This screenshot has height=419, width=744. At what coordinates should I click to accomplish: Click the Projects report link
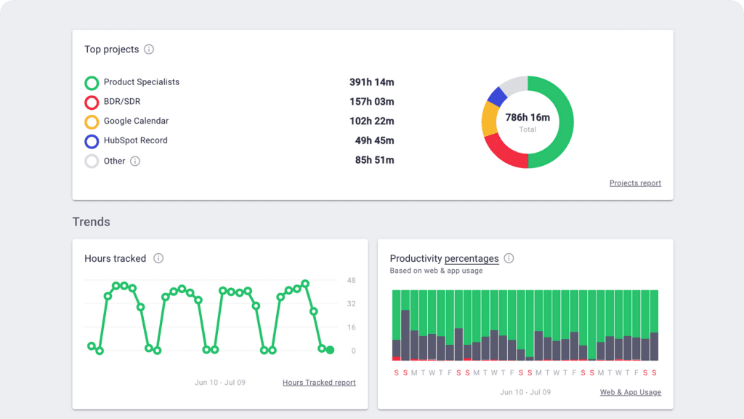click(635, 183)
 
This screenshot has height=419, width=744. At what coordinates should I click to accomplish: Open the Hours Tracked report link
click(319, 383)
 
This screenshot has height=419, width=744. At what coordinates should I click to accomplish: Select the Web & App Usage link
click(630, 393)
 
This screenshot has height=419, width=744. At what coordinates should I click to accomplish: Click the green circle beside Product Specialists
click(92, 83)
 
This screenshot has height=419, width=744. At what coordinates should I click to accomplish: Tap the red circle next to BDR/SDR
click(92, 103)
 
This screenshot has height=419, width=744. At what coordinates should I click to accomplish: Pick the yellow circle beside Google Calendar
click(92, 122)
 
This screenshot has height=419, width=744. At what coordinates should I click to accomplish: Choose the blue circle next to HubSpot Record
click(92, 142)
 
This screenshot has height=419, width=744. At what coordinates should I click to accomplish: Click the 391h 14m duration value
click(371, 82)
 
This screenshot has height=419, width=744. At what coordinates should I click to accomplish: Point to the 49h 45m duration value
click(374, 140)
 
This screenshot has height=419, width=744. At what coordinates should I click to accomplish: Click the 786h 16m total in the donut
click(527, 117)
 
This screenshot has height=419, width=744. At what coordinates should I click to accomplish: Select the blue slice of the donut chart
click(498, 96)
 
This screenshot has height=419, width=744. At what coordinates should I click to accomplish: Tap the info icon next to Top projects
click(149, 49)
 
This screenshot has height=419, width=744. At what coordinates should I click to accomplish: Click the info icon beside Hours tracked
click(158, 258)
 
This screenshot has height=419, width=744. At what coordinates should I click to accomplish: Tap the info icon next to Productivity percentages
click(509, 258)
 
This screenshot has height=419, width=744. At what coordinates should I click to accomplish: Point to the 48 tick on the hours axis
click(351, 280)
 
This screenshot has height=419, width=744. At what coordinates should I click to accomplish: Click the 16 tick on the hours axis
click(351, 327)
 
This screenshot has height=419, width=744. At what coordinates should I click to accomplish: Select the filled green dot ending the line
click(330, 350)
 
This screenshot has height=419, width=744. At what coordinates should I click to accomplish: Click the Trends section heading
click(91, 221)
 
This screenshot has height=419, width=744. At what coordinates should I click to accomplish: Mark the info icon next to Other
click(134, 161)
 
